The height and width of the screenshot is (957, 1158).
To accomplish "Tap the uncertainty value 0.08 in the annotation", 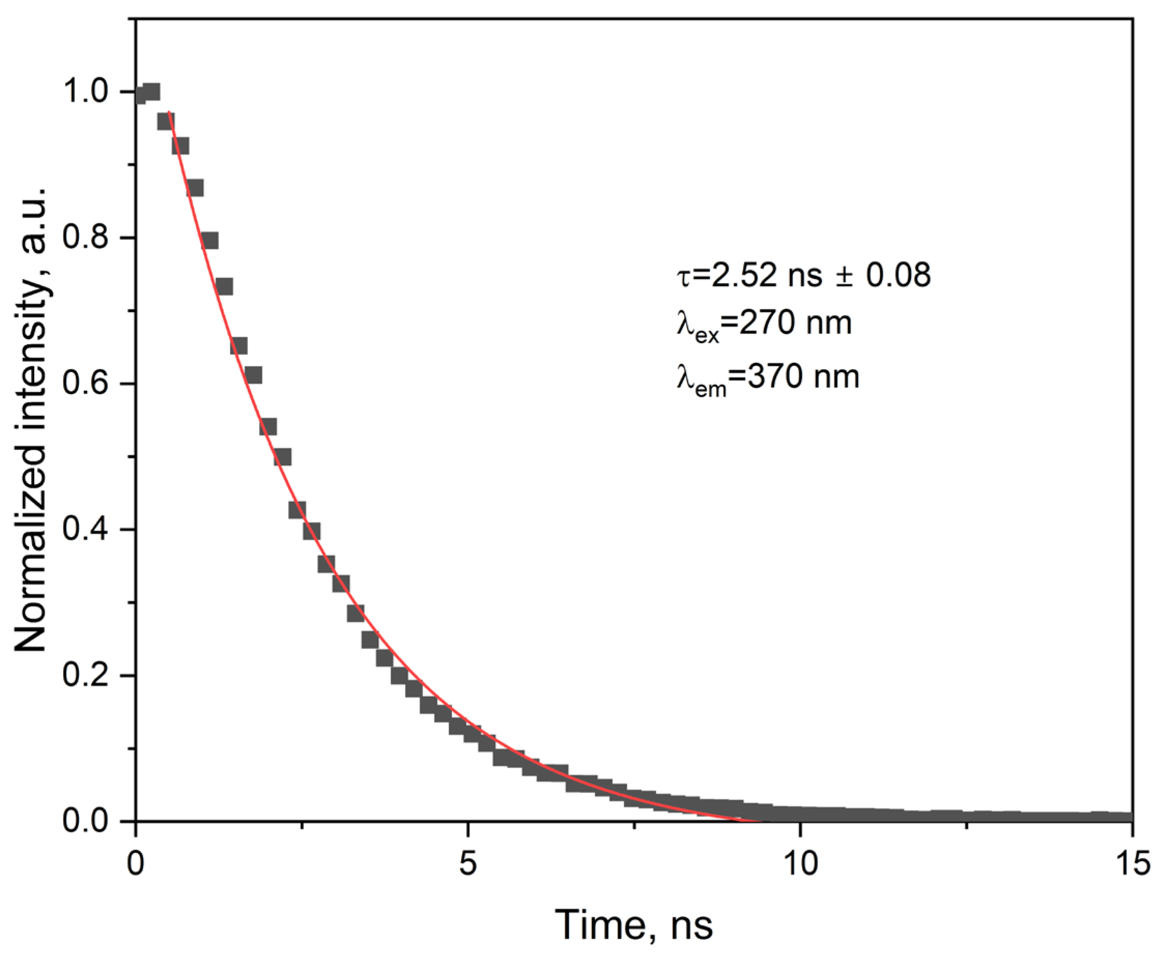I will tap(898, 275).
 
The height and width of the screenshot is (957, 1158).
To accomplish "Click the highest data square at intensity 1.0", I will tap(151, 92).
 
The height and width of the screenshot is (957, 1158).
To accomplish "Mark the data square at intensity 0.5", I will tap(282, 457).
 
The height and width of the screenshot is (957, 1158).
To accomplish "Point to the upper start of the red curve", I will tap(168, 112).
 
